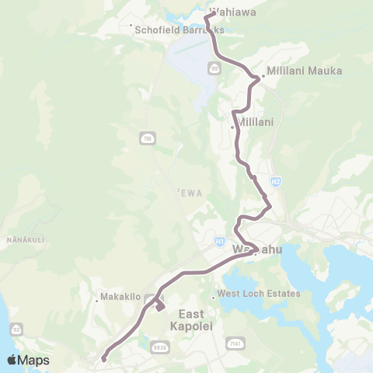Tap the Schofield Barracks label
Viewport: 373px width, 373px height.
[180, 30]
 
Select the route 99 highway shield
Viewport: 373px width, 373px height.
[214, 68]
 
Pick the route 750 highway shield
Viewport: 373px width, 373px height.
[147, 138]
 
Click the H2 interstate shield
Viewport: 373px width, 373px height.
[276, 182]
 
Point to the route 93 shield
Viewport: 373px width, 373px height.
[16, 308]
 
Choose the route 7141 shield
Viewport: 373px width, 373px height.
[234, 343]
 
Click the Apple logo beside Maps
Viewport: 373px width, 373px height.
[12, 360]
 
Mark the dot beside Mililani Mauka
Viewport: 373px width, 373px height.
[262, 76]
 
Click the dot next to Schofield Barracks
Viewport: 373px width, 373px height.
[131, 26]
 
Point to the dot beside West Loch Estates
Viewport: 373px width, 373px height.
[214, 296]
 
